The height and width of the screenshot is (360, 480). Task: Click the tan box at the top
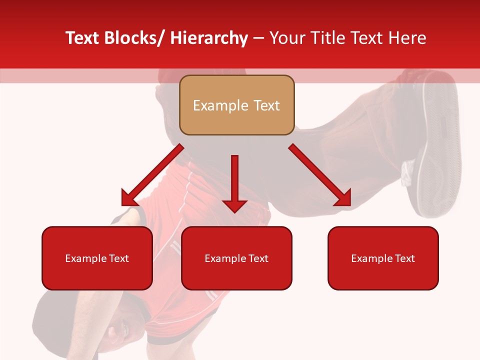(236, 105)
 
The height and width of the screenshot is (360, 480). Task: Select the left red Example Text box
(97, 258)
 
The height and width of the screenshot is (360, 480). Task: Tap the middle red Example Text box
(236, 258)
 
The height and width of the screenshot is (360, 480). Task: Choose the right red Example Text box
(383, 258)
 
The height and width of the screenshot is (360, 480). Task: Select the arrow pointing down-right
(319, 175)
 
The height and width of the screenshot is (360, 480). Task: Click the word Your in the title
(286, 38)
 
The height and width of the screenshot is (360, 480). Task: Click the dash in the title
(258, 38)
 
